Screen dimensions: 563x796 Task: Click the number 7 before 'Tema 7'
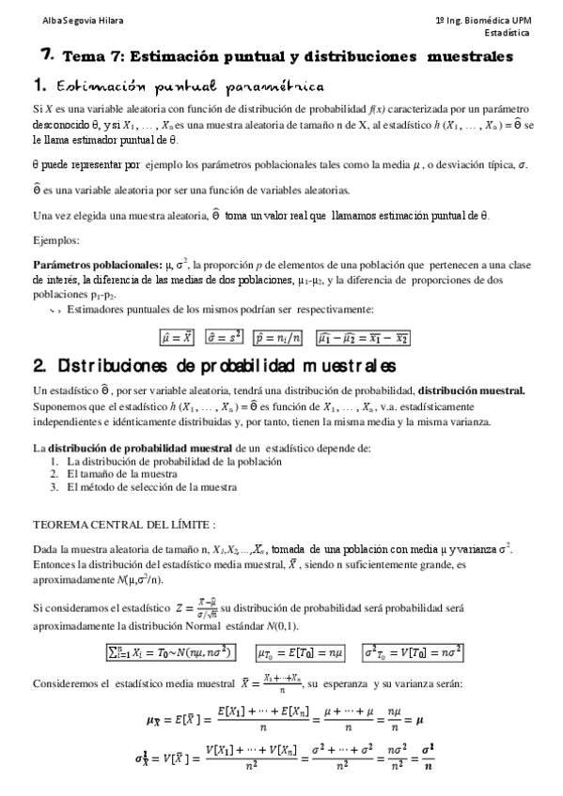pyautogui.click(x=46, y=55)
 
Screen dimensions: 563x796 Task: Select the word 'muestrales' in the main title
pyautogui.click(x=469, y=57)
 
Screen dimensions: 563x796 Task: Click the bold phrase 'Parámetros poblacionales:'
pyautogui.click(x=83, y=266)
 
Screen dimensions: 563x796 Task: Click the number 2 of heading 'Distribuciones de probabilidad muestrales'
pyautogui.click(x=40, y=364)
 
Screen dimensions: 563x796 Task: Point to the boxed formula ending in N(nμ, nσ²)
pyautogui.click(x=173, y=651)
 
